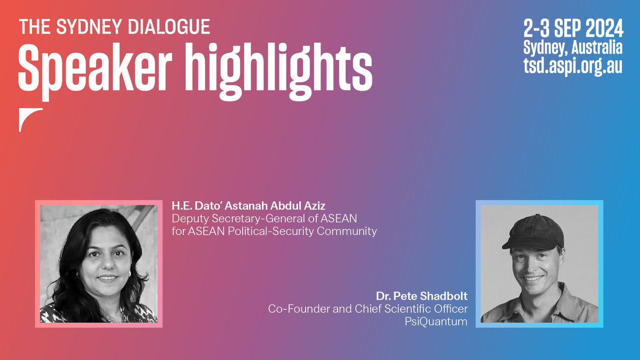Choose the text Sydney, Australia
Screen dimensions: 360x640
(572, 47)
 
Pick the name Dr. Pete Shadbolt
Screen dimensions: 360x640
(421, 295)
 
